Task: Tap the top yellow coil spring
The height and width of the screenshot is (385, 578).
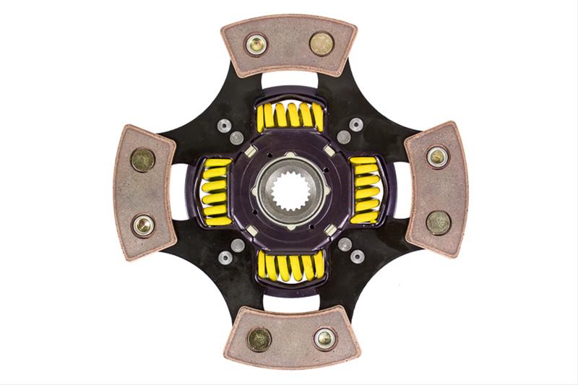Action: click(290, 116)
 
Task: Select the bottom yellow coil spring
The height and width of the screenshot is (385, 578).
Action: click(290, 266)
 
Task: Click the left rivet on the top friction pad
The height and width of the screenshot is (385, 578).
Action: click(256, 44)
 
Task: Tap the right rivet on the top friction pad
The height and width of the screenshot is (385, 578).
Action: click(322, 44)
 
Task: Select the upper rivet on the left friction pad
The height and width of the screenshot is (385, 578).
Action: click(142, 160)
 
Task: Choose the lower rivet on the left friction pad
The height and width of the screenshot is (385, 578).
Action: click(143, 225)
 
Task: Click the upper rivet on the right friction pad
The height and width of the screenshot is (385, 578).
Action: click(437, 157)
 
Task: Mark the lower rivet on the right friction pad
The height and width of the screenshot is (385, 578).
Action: click(438, 222)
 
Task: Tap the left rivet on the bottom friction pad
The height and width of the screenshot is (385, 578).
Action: click(259, 338)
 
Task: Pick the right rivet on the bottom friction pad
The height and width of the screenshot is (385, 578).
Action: click(324, 337)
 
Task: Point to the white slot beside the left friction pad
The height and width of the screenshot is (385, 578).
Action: click(178, 191)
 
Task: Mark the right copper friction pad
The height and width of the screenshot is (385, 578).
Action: click(436, 189)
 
